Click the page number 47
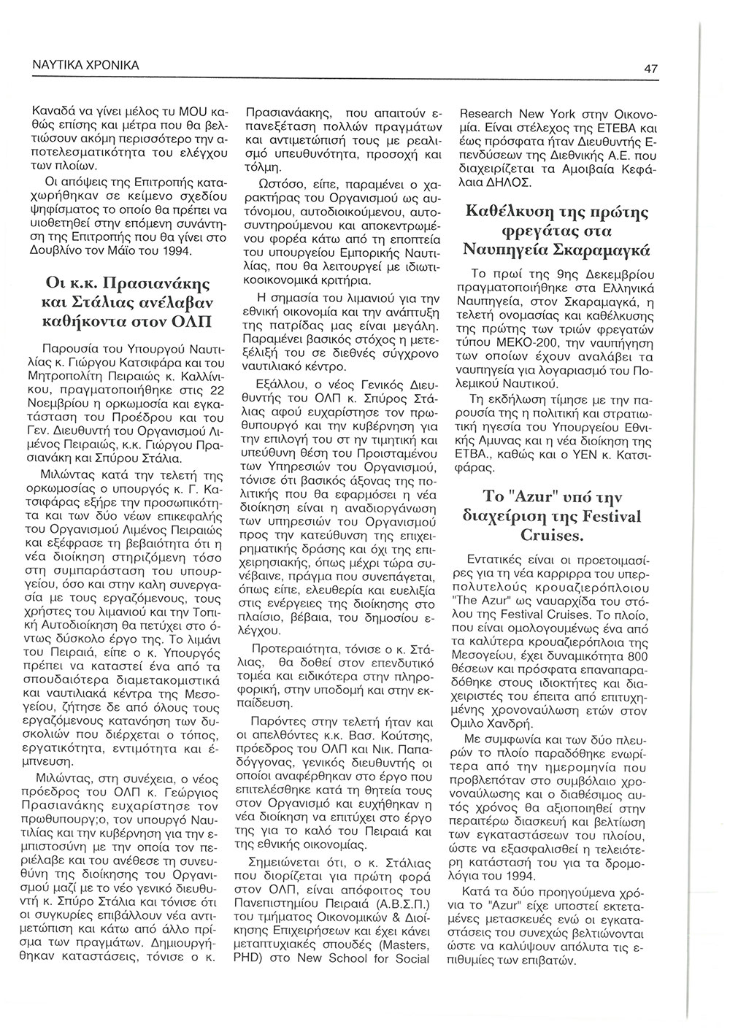pos(651,69)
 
